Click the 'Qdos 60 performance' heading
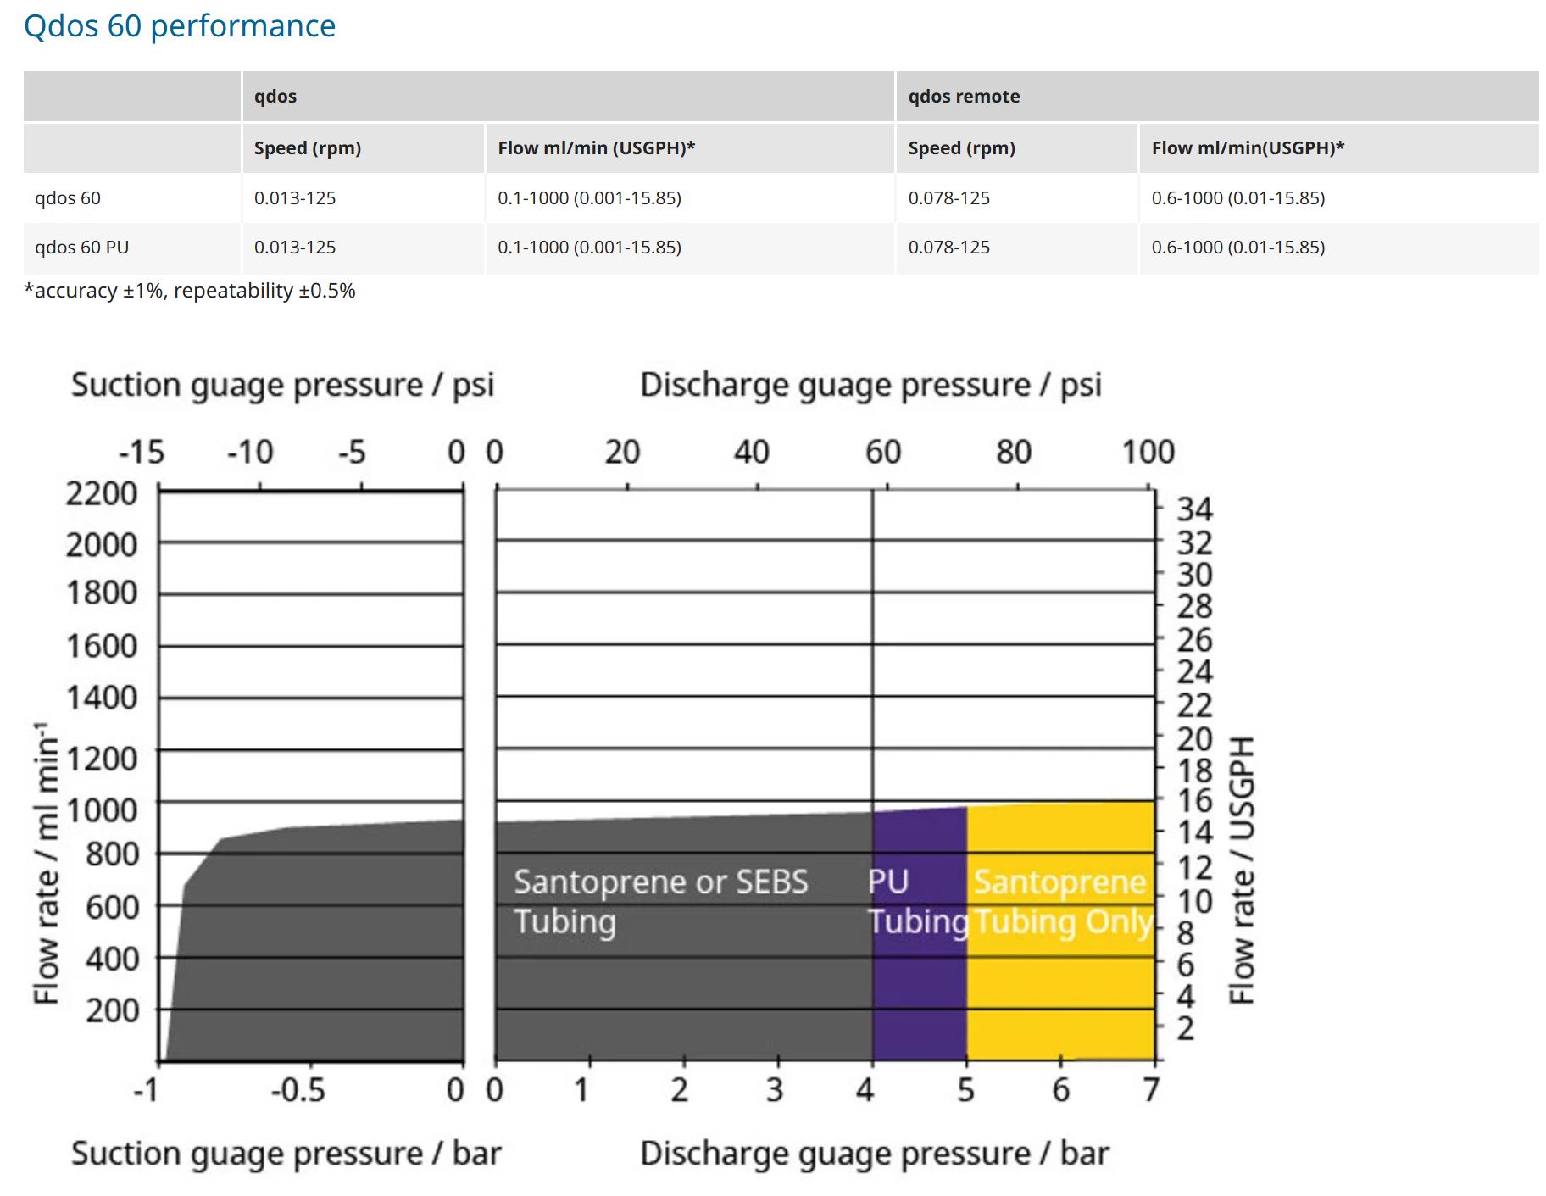click(180, 26)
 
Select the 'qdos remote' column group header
click(964, 97)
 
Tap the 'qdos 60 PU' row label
click(82, 248)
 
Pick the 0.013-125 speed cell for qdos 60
click(295, 198)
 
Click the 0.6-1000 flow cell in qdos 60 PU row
click(1237, 248)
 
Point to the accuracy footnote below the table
click(190, 291)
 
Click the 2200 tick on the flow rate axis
click(102, 493)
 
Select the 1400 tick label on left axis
click(102, 698)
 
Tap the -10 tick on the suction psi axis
click(250, 453)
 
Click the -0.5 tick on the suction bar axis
click(298, 1089)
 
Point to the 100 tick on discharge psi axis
click(1148, 453)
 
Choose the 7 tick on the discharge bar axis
click(1150, 1089)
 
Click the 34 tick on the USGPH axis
click(1194, 509)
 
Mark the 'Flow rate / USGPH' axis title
click(1242, 870)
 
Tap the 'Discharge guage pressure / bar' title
click(875, 1154)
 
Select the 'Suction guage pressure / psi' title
click(282, 385)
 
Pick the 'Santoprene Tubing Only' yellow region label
click(1061, 902)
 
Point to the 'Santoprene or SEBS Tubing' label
click(660, 902)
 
